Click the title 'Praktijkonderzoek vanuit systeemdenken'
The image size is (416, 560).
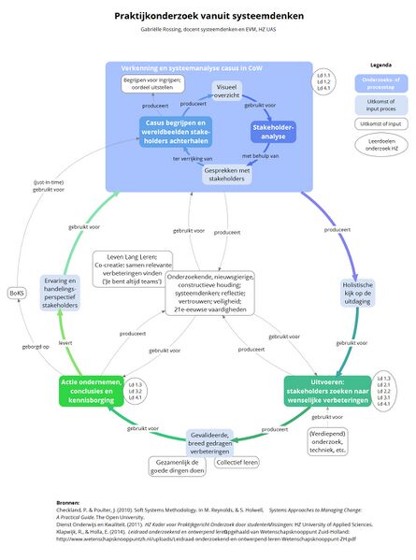(x=208, y=16)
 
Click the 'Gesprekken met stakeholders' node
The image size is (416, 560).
(x=227, y=175)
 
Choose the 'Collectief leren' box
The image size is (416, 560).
(x=238, y=463)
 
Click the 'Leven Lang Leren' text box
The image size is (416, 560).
(x=136, y=268)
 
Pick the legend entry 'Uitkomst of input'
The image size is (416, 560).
(x=381, y=122)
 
